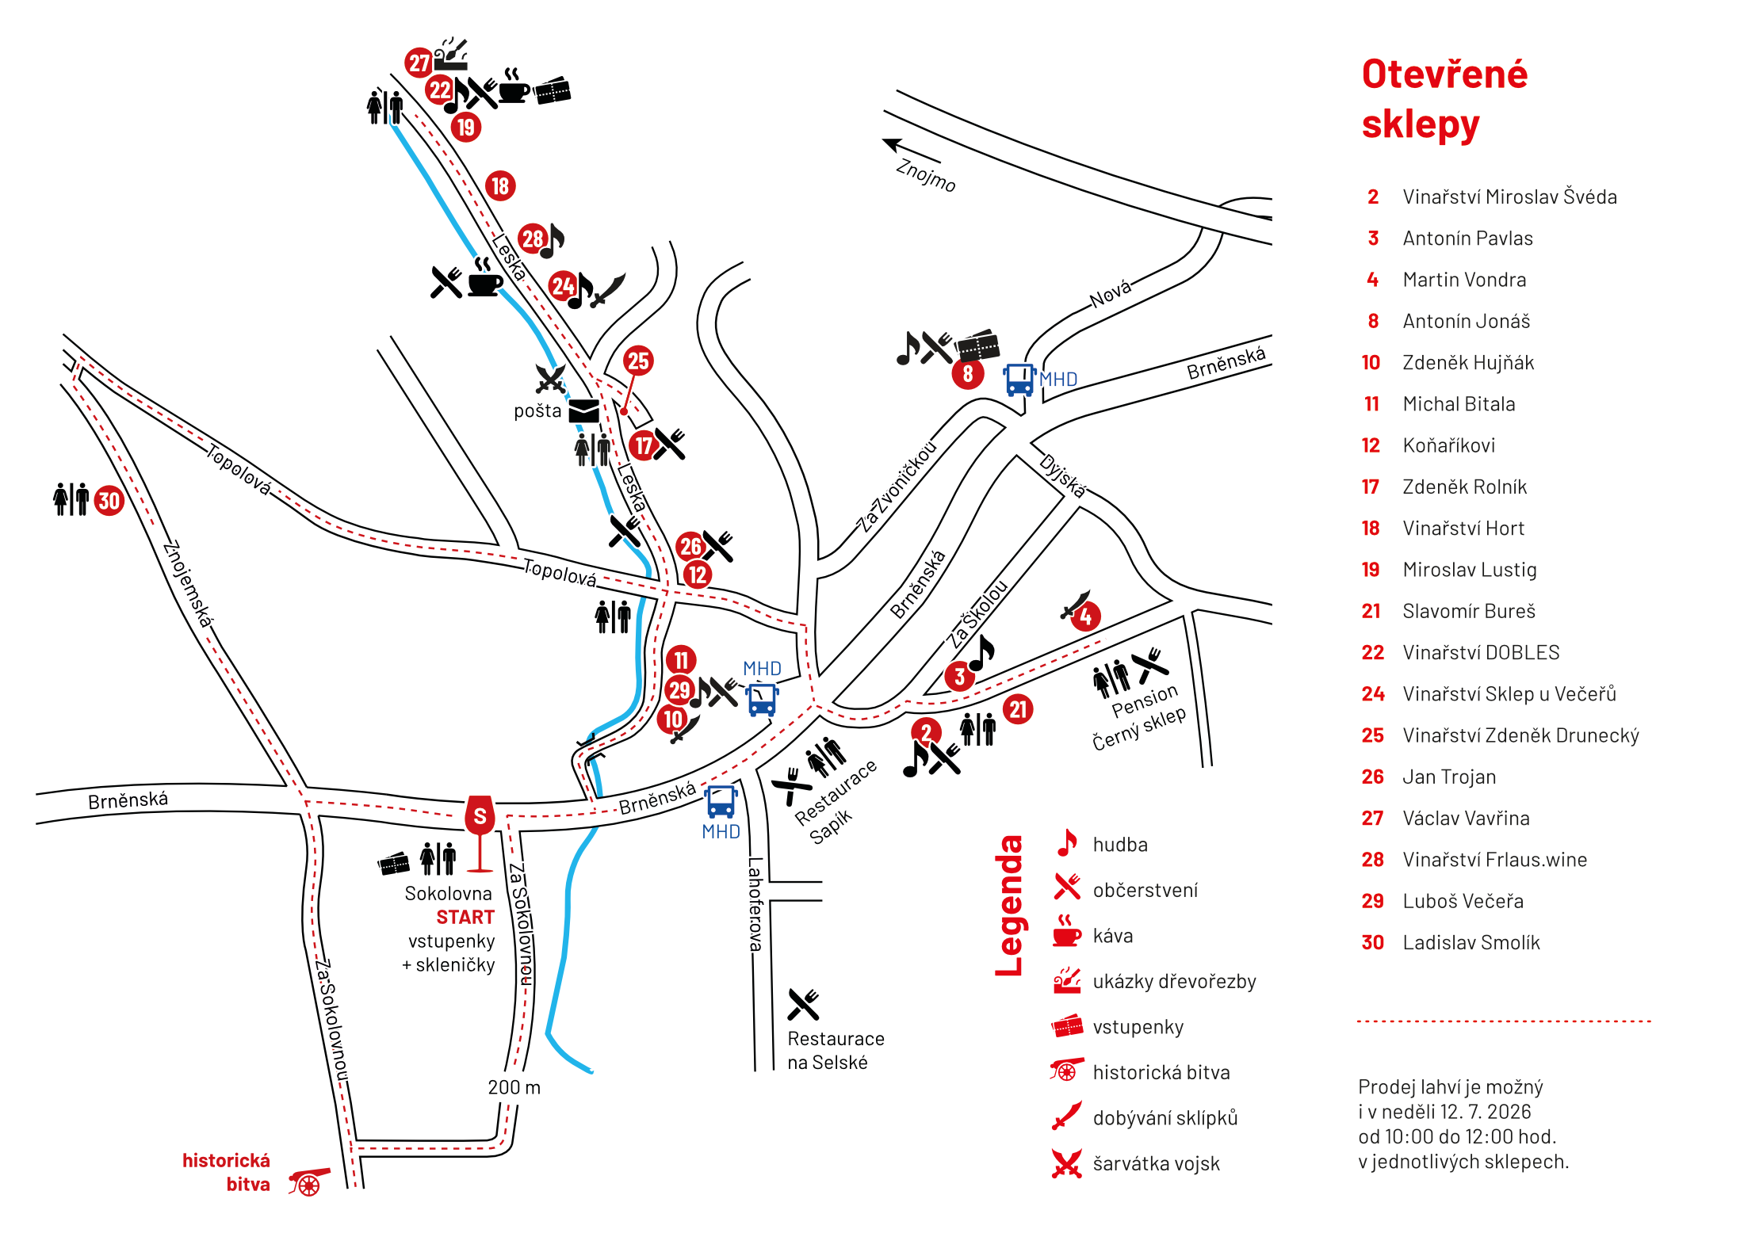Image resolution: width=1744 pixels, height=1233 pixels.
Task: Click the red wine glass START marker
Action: pyautogui.click(x=480, y=832)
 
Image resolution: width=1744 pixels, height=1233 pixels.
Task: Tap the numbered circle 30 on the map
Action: pyautogui.click(x=109, y=501)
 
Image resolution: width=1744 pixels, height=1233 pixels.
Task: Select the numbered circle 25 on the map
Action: pyautogui.click(x=638, y=361)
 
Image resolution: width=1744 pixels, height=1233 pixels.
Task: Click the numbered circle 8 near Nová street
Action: pyautogui.click(x=968, y=373)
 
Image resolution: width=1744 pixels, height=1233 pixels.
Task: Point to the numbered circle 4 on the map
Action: pyautogui.click(x=1085, y=616)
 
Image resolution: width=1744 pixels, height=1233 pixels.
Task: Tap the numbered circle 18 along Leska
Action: pyautogui.click(x=500, y=186)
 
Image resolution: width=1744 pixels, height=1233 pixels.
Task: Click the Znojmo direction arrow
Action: pyautogui.click(x=911, y=151)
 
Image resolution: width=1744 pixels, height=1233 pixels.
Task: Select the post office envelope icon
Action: pyautogui.click(x=584, y=411)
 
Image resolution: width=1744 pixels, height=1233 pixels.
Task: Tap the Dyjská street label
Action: pyautogui.click(x=1062, y=475)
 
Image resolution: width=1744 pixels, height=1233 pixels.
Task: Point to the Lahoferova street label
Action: pyautogui.click(x=755, y=904)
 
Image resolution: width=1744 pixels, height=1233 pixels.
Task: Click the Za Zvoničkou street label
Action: pyautogui.click(x=898, y=486)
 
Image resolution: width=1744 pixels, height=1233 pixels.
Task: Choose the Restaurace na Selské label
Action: pyautogui.click(x=836, y=1051)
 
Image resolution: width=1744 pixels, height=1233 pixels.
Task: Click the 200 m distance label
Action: pyautogui.click(x=514, y=1087)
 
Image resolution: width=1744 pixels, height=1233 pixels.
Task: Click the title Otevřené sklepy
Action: pyautogui.click(x=1444, y=99)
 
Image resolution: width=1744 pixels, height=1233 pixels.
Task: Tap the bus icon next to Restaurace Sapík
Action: pyautogui.click(x=721, y=802)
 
